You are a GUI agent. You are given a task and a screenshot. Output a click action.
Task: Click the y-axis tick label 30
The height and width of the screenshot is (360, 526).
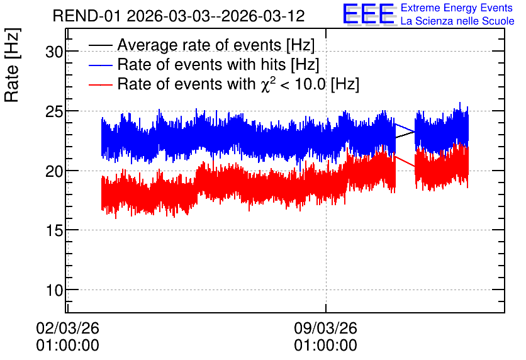(x=54, y=52)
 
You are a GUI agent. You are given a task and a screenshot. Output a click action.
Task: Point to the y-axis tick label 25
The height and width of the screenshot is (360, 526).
(x=54, y=111)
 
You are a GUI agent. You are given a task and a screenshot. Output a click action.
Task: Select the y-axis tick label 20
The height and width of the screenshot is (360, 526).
(x=54, y=171)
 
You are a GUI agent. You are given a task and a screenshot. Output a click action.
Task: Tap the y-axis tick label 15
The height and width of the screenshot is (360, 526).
(x=54, y=230)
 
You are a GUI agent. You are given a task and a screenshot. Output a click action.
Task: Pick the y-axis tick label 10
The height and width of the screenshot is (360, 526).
(x=54, y=290)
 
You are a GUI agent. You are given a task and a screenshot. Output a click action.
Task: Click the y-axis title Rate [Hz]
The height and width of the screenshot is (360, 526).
(x=12, y=65)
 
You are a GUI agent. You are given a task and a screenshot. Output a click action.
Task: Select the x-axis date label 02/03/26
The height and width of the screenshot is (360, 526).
(x=68, y=328)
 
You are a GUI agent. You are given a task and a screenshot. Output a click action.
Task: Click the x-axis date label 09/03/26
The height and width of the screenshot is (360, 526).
(x=326, y=328)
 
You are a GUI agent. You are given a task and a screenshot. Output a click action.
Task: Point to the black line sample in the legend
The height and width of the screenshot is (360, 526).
(x=100, y=45)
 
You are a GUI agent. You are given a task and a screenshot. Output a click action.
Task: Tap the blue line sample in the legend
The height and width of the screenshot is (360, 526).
(x=100, y=65)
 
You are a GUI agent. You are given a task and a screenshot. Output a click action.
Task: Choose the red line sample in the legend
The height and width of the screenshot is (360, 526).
(x=100, y=84)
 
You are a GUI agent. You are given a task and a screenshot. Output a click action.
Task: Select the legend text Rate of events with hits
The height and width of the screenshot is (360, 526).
(x=201, y=64)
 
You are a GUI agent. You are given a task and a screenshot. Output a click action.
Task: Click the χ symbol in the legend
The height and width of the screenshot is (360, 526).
(x=265, y=86)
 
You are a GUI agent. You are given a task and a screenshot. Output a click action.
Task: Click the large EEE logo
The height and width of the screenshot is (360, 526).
(x=369, y=14)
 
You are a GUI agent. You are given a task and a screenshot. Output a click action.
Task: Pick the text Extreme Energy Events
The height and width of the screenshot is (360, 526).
(x=457, y=8)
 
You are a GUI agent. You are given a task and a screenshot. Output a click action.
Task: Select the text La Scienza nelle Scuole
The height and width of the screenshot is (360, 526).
(x=457, y=21)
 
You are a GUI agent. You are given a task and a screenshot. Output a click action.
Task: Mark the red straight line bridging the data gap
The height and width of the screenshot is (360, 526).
(x=405, y=161)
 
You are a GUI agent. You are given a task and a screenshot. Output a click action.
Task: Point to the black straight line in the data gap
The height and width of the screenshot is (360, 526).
(x=405, y=135)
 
